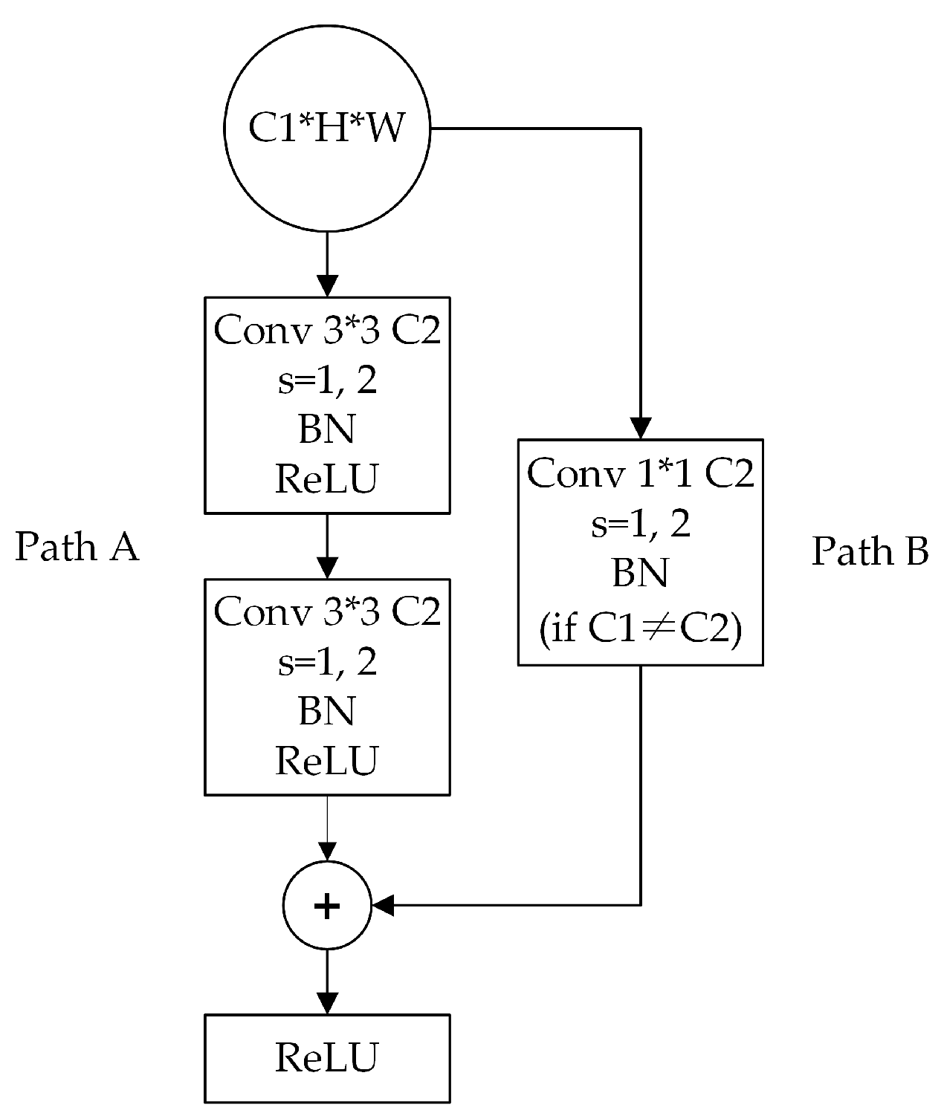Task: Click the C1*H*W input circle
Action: point(327,128)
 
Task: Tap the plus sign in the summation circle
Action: point(327,906)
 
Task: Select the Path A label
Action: point(77,548)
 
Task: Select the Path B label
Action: point(870,551)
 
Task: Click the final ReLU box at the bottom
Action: point(327,1058)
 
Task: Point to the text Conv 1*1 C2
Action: point(640,473)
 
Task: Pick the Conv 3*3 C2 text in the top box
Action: point(327,330)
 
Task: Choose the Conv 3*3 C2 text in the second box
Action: point(327,611)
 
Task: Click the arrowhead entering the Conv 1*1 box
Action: point(641,429)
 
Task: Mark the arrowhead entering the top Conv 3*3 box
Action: point(327,286)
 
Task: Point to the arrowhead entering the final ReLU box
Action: point(327,1003)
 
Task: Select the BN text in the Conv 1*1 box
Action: point(640,574)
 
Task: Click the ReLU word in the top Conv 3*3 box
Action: point(327,479)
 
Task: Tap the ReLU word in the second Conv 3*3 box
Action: point(327,761)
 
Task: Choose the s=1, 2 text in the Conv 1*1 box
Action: point(640,525)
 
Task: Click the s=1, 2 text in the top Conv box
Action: point(327,381)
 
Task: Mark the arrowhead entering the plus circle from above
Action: point(327,851)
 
